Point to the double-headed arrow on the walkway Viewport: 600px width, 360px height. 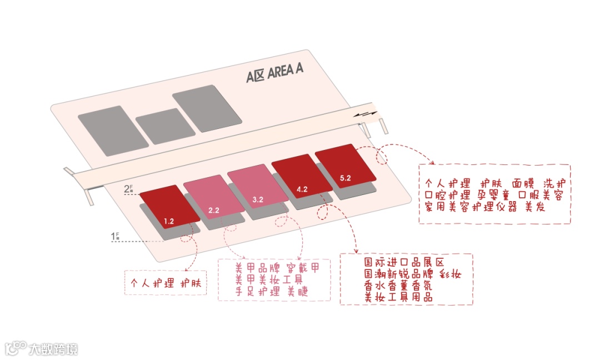[367, 113]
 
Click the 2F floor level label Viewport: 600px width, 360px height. [128, 189]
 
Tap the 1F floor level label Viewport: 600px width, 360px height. [115, 237]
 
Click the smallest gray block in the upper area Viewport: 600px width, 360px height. [166, 126]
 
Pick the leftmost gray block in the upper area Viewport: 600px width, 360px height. [113, 131]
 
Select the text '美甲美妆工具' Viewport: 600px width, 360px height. [268, 280]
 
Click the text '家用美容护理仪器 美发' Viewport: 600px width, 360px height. [485, 207]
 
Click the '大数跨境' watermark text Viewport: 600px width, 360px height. [53, 349]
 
